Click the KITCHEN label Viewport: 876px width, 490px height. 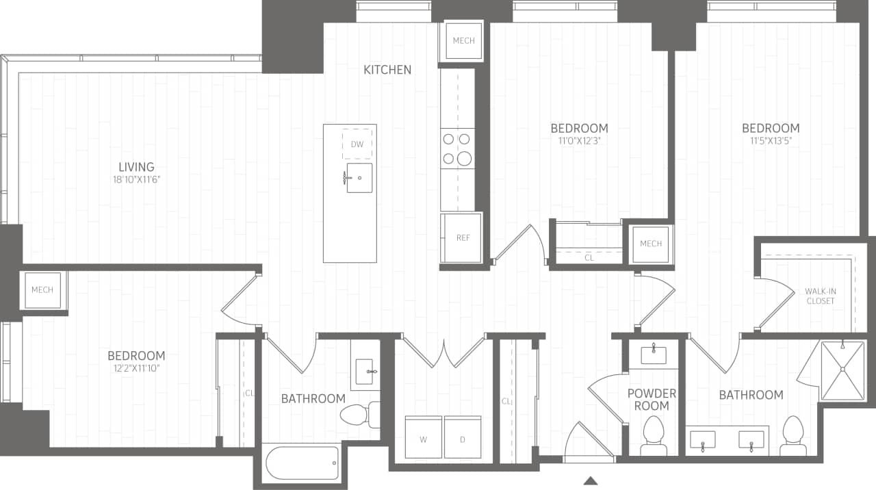pos(387,70)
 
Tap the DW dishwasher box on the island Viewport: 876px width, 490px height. pos(357,144)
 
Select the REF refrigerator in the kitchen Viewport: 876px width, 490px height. pos(463,237)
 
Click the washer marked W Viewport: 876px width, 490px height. pos(423,439)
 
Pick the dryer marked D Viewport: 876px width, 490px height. pos(463,439)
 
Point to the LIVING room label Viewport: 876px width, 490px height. pos(136,167)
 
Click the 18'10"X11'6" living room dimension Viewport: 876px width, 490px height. pos(136,180)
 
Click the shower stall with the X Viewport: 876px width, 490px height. pos(842,370)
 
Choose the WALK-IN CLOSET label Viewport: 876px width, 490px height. pos(821,296)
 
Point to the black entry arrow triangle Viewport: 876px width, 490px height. pos(590,480)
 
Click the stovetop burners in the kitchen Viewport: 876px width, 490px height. pos(457,149)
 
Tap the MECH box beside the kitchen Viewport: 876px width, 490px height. pos(463,41)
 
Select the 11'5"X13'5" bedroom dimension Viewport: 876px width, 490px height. pos(771,142)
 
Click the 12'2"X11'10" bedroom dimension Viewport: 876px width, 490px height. pos(136,369)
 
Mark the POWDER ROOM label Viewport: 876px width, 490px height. pos(652,400)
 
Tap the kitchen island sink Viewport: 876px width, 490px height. pos(359,178)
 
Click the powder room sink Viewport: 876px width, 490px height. pos(653,354)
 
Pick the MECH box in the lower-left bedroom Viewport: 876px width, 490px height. pos(42,290)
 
